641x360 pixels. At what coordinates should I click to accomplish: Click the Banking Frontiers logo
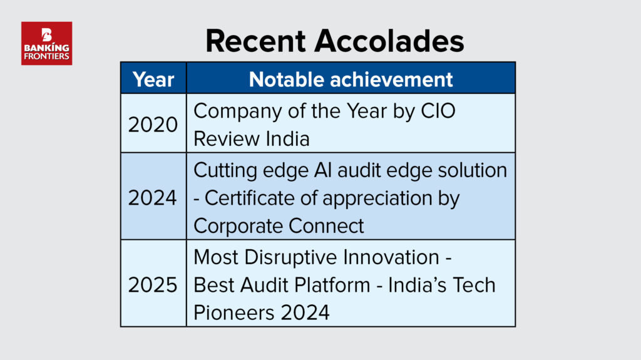46,43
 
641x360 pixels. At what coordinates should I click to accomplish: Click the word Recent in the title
255,41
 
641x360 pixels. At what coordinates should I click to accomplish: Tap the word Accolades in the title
389,41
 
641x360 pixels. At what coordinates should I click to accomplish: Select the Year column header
153,79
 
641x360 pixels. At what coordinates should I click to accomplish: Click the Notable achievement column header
351,79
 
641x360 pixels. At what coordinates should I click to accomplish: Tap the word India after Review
287,138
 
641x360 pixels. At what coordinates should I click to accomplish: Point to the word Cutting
225,171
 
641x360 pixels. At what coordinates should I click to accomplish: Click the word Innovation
391,257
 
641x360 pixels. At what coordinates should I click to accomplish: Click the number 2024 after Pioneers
305,312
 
